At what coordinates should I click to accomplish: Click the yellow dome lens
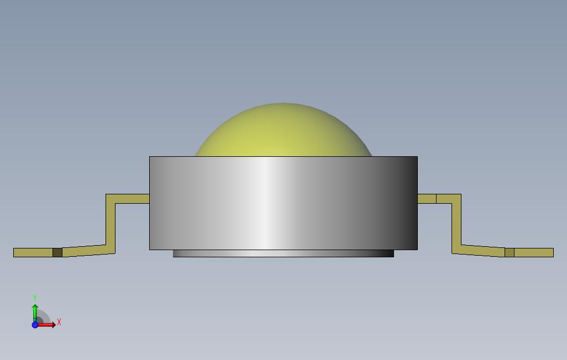pyautogui.click(x=283, y=133)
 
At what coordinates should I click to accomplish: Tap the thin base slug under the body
pyautogui.click(x=283, y=253)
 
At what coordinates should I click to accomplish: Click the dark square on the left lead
pyautogui.click(x=57, y=252)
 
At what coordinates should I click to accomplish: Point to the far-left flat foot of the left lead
pyautogui.click(x=33, y=252)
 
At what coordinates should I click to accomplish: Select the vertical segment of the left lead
pyautogui.click(x=111, y=224)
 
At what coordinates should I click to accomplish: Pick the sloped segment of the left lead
pyautogui.click(x=84, y=251)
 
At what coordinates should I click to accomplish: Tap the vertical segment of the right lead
pyautogui.click(x=456, y=224)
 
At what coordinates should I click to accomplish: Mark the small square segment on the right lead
pyautogui.click(x=510, y=252)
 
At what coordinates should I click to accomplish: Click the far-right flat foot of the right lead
pyautogui.click(x=534, y=252)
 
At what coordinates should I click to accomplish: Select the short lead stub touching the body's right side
pyautogui.click(x=427, y=198)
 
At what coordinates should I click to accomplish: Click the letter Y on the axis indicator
pyautogui.click(x=35, y=298)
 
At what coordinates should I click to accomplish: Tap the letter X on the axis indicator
pyautogui.click(x=59, y=322)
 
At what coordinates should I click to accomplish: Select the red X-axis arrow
pyautogui.click(x=48, y=325)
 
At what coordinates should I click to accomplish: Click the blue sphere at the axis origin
pyautogui.click(x=35, y=325)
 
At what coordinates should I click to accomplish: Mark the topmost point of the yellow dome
pyautogui.click(x=283, y=104)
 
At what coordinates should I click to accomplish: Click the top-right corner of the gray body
pyautogui.click(x=417, y=157)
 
